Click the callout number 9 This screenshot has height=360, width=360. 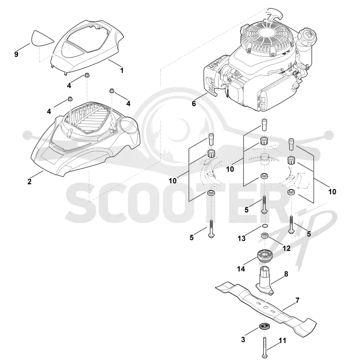click(x=16, y=54)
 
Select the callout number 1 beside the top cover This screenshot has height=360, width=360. click(x=122, y=70)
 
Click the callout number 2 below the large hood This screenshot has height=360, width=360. click(x=29, y=182)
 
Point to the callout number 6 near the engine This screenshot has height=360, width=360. click(x=194, y=103)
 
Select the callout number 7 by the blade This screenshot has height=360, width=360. click(x=297, y=300)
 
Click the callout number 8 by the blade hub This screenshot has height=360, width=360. click(x=286, y=274)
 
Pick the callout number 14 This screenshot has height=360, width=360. click(x=241, y=269)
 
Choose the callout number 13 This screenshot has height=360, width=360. click(x=242, y=238)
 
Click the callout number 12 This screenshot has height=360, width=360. click(x=287, y=248)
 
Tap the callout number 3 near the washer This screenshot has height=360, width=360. click(x=243, y=340)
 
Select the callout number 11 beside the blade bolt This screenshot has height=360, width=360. click(x=283, y=341)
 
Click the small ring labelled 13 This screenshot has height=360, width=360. click(x=264, y=227)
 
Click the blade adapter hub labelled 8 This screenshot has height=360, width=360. click(x=265, y=280)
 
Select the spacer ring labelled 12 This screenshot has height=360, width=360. click(x=265, y=236)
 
